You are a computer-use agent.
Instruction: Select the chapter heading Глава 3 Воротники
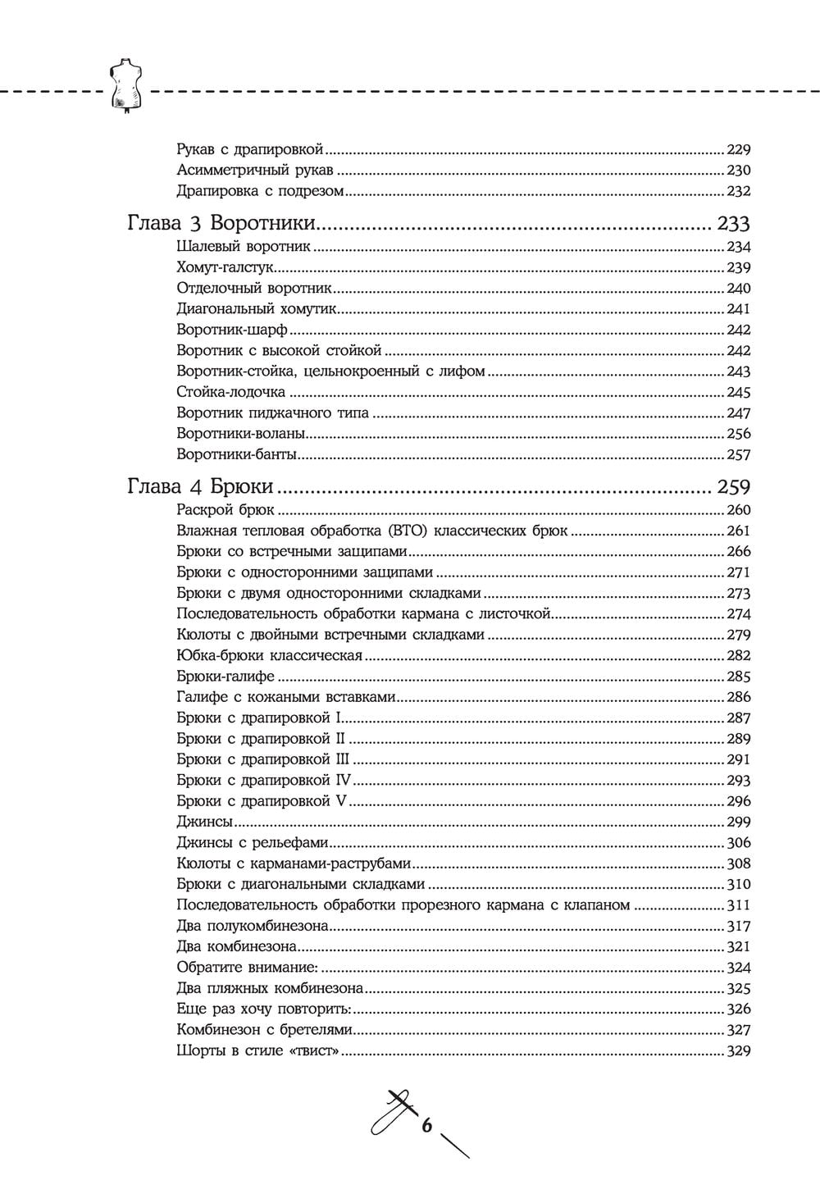coord(221,224)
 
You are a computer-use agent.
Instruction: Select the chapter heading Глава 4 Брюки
coord(200,487)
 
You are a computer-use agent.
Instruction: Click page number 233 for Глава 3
coord(733,224)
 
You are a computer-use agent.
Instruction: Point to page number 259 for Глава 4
coord(733,487)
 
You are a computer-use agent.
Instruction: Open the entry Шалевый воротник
coord(244,247)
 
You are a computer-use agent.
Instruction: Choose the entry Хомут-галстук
coord(224,267)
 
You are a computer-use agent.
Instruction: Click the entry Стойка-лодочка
coord(230,392)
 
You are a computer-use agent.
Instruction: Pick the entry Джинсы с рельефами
coord(253,842)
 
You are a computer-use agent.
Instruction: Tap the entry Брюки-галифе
coord(225,677)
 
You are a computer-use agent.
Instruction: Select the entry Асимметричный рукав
coord(255,171)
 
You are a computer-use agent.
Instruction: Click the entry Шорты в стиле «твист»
coord(258,1051)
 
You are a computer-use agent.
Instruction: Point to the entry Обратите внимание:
coord(247,968)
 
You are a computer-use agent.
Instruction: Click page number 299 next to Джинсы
coord(739,822)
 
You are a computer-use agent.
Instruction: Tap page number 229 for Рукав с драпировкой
coord(739,150)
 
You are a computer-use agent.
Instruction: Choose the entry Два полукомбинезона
coord(253,926)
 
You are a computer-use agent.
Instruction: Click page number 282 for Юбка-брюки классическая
coord(739,655)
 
